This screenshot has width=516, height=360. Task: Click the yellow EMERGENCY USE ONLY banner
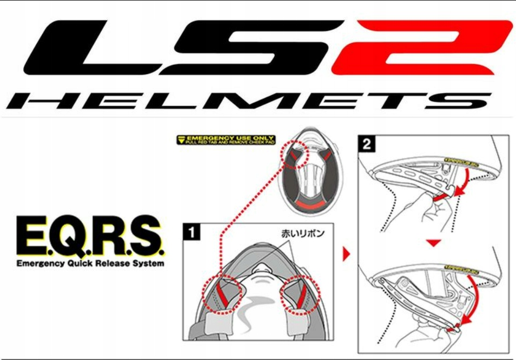(x=226, y=140)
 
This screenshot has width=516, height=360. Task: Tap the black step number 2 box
(x=367, y=145)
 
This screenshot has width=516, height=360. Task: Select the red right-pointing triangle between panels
(x=347, y=254)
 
